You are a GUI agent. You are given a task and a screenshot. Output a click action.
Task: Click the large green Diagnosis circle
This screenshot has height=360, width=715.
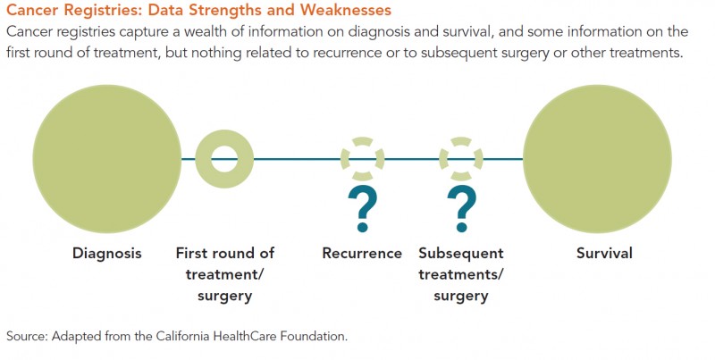point(106,159)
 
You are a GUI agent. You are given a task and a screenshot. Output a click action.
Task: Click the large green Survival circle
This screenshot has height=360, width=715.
point(597,159)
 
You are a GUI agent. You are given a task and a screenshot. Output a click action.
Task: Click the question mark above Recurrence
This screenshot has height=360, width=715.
point(363,209)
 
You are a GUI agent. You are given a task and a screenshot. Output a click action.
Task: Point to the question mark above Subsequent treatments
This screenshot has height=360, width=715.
point(461,209)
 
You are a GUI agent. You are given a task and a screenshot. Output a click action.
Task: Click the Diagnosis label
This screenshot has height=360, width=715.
point(107,254)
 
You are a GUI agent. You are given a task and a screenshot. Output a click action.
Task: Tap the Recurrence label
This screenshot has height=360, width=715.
point(362,254)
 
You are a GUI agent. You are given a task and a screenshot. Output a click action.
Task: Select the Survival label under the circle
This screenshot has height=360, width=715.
point(604,254)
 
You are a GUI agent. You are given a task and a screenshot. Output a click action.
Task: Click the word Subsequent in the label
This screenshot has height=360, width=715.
point(461,254)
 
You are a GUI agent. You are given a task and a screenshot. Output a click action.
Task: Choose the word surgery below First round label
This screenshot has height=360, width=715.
point(225,297)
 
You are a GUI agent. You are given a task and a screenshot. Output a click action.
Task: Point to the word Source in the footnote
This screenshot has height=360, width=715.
point(26,336)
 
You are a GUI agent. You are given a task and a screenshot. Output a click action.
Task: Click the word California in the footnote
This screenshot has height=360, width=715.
point(182,336)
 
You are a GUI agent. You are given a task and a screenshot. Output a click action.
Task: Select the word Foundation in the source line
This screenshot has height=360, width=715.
point(314,336)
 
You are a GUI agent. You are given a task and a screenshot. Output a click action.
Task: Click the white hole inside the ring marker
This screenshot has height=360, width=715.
point(224,159)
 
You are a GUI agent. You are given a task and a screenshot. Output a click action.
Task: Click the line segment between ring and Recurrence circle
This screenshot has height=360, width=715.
point(297,159)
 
